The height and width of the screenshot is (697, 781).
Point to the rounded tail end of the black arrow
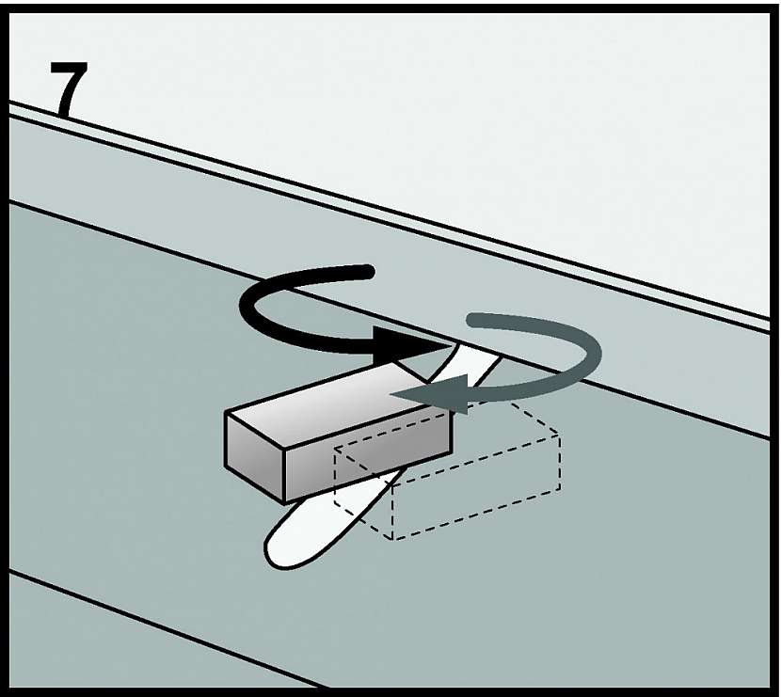coord(369,271)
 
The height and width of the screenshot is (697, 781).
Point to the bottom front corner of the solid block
coord(284,502)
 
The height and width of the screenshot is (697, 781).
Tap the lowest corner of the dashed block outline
coord(392,540)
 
